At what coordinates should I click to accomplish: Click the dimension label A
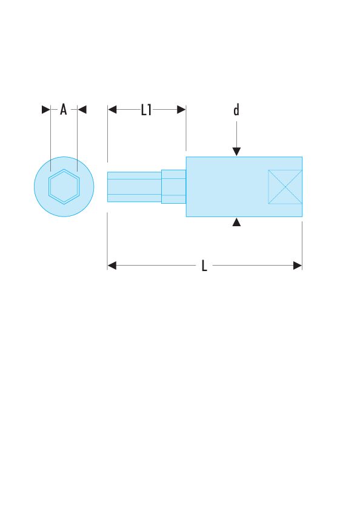[x=64, y=110]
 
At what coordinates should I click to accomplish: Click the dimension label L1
[x=146, y=110]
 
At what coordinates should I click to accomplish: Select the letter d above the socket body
[x=236, y=110]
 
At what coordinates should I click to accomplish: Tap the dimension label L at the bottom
[x=204, y=266]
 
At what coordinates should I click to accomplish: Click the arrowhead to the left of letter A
[x=46, y=110]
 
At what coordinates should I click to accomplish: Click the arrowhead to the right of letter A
[x=82, y=110]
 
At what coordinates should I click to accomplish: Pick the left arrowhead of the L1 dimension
[x=112, y=110]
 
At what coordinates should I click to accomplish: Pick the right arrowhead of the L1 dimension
[x=181, y=110]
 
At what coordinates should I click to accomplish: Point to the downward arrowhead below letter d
[x=236, y=152]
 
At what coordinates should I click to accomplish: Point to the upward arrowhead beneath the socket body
[x=236, y=222]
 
